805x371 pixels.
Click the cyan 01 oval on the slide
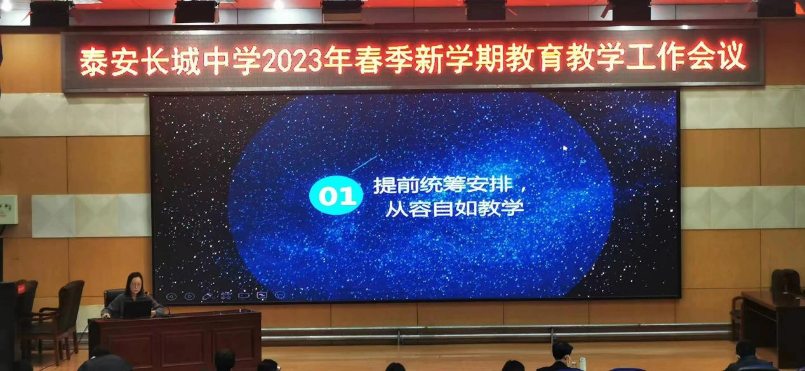click(x=336, y=195)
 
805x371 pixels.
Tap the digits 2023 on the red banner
click(x=292, y=60)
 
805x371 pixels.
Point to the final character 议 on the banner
click(x=733, y=57)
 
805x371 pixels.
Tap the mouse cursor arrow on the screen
click(x=565, y=148)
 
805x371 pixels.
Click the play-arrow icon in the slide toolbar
click(x=189, y=296)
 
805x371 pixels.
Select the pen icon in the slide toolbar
click(x=208, y=296)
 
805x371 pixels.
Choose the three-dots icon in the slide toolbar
click(x=279, y=295)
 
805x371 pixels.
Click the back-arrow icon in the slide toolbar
click(x=171, y=297)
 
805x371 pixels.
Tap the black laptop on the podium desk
click(x=137, y=309)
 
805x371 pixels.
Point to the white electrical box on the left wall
click(x=8, y=210)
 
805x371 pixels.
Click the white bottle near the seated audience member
click(x=582, y=364)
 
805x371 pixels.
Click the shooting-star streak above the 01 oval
click(x=364, y=164)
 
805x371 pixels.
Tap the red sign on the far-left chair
click(x=21, y=288)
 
